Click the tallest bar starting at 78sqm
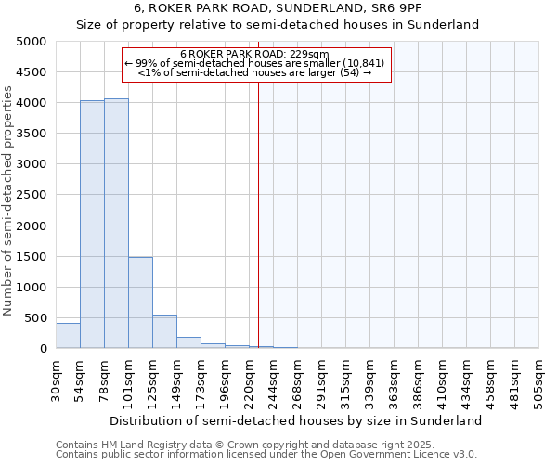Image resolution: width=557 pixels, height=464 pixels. (116, 223)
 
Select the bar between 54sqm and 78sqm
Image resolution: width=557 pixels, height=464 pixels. (92, 224)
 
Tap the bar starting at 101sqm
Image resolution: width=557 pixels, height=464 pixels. (140, 303)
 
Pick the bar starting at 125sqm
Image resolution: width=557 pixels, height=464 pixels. (164, 331)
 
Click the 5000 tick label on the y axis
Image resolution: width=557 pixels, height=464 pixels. (31, 42)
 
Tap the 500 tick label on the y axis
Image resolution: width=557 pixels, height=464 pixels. (34, 318)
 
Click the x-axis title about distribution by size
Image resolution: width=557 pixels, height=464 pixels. (295, 420)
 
